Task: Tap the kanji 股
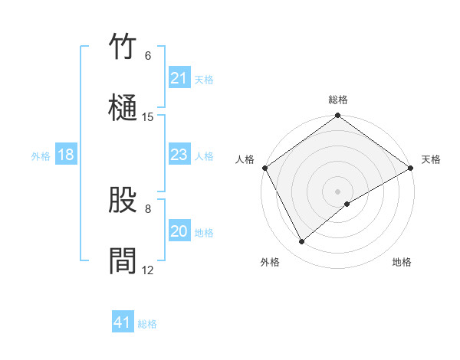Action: pyautogui.click(x=123, y=200)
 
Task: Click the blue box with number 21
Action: pyautogui.click(x=179, y=78)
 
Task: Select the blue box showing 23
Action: pyautogui.click(x=179, y=155)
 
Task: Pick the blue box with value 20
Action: pyautogui.click(x=179, y=232)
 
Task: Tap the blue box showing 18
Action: pyautogui.click(x=66, y=155)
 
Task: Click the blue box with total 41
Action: pyautogui.click(x=123, y=322)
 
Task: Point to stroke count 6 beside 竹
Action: pyautogui.click(x=148, y=56)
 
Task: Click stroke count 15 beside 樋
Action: pyautogui.click(x=148, y=117)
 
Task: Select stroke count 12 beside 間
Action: pyautogui.click(x=148, y=270)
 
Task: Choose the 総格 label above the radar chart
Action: pyautogui.click(x=338, y=100)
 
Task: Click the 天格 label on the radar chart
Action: pyautogui.click(x=431, y=159)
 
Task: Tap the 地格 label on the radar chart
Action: pyautogui.click(x=402, y=262)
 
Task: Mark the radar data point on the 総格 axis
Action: pyautogui.click(x=338, y=116)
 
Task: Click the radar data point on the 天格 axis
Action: pyautogui.click(x=411, y=168)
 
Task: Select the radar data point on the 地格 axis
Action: pyautogui.click(x=347, y=204)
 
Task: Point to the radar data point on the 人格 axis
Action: pyautogui.click(x=265, y=168)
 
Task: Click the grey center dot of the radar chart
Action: pyautogui.click(x=338, y=191)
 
